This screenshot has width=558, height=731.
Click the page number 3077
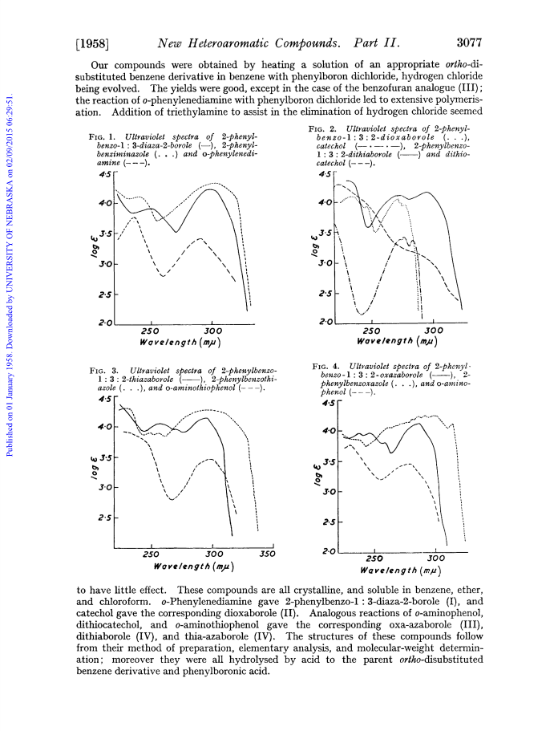(468, 43)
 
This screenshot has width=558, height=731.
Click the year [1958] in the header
(92, 44)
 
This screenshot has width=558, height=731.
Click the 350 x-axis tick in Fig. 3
(267, 554)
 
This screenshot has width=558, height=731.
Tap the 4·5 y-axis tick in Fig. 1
(105, 174)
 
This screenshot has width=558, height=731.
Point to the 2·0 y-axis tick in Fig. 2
(325, 322)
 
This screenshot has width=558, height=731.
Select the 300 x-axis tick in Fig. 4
(436, 558)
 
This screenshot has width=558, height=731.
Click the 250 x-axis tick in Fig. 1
(150, 331)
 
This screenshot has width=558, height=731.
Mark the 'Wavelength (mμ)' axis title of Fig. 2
(397, 341)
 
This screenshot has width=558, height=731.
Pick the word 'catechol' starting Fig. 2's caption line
(330, 146)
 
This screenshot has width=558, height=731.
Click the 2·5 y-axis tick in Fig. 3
(105, 518)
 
